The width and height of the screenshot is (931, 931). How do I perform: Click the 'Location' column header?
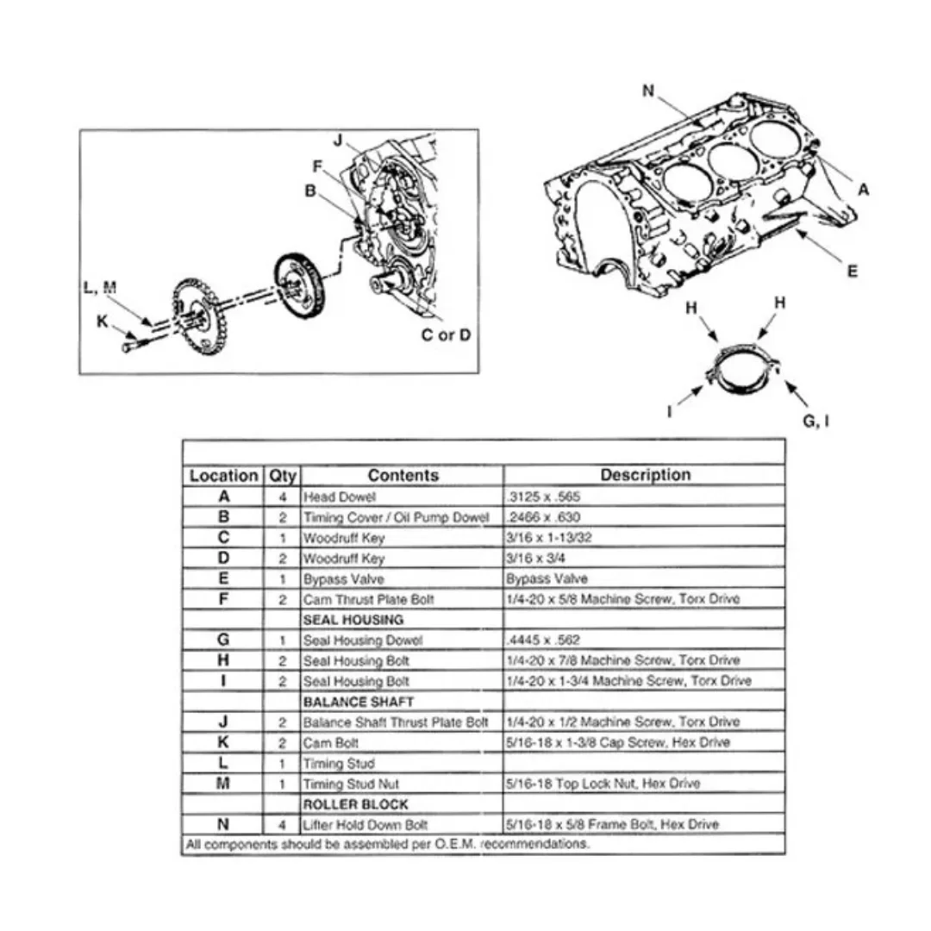coord(223,475)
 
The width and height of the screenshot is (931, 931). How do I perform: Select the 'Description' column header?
coord(645,475)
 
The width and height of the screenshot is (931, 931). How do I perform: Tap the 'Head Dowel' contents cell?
coord(340,497)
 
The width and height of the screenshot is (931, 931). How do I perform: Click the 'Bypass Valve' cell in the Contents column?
coord(343,578)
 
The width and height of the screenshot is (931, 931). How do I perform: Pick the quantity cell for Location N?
coord(282,824)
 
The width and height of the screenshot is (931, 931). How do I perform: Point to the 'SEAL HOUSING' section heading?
coord(353,620)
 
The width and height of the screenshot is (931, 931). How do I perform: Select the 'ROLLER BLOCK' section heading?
coord(353,803)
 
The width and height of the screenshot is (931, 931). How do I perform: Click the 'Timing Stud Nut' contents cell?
coord(351,784)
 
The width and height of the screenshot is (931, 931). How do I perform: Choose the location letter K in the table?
coord(223,742)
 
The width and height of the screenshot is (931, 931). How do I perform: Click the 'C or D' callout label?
coord(446,334)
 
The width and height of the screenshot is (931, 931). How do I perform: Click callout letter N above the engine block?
coord(648,91)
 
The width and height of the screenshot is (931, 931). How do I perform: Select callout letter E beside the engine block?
coord(852,271)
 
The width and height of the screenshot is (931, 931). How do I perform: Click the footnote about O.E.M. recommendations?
coord(388,844)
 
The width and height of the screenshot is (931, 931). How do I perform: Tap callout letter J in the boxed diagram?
coord(339,140)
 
